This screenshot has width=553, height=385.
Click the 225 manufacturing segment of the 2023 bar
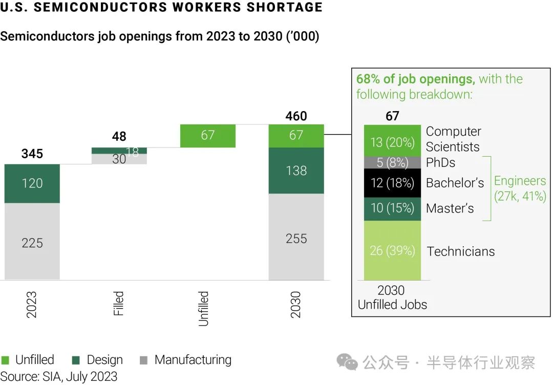(32, 242)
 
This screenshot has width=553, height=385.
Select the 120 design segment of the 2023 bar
(32, 183)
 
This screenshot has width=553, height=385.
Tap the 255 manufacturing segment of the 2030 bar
(296, 238)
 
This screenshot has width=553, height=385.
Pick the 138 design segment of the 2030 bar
(296, 170)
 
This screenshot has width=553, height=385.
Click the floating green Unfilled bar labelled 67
(208, 136)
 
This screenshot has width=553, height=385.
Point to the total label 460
(296, 116)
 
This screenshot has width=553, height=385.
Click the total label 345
(32, 154)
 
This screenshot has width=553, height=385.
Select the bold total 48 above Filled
(119, 137)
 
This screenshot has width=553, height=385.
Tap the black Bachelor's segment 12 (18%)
(392, 183)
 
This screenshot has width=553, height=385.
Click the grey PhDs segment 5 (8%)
(392, 163)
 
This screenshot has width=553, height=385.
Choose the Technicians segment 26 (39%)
(392, 251)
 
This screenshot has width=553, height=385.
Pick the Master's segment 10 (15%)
(392, 208)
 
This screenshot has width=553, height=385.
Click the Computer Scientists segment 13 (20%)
(392, 142)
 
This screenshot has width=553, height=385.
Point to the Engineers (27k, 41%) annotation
(520, 188)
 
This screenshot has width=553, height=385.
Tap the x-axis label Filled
(119, 304)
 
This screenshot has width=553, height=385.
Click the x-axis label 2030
(296, 305)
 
